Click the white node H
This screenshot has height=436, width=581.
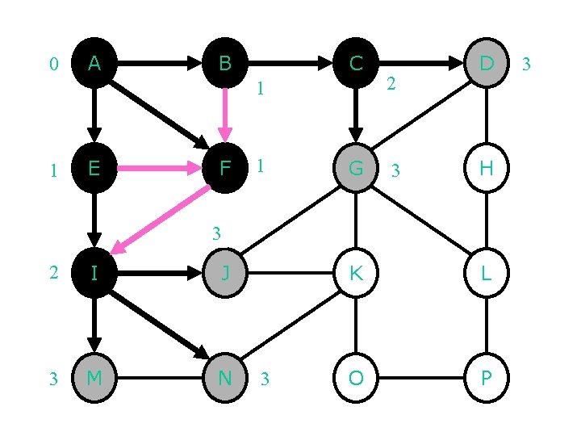point(487,169)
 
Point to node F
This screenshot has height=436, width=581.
point(225,169)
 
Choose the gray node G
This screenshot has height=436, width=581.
point(356,169)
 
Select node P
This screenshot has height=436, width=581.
point(487,377)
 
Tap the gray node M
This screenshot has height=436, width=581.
point(94,377)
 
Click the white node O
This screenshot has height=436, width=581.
point(356,377)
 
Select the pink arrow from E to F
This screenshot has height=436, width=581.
point(158,169)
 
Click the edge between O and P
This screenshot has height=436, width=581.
point(421,377)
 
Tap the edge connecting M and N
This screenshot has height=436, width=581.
point(160,377)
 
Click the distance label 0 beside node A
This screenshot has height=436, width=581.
point(53,64)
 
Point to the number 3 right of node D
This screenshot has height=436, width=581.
point(526,64)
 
